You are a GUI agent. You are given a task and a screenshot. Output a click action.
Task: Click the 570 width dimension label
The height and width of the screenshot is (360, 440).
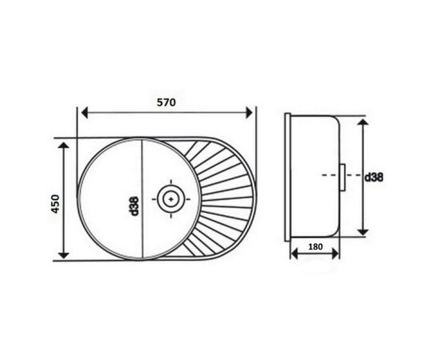click(166, 102)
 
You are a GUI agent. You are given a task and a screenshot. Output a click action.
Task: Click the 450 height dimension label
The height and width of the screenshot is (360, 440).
click(55, 204)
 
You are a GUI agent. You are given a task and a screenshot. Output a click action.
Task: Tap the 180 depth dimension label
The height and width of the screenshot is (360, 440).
click(315, 246)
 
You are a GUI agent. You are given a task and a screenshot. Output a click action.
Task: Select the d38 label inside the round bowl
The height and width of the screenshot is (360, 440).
click(134, 206)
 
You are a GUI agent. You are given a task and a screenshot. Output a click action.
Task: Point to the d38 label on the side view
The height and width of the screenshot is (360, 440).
click(374, 178)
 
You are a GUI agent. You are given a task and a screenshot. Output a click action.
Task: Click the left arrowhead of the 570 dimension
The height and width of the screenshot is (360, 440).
click(85, 113)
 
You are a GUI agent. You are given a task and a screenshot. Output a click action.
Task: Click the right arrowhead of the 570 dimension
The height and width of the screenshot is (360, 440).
click(249, 113)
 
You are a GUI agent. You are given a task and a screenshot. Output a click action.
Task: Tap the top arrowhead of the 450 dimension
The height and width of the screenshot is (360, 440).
click(64, 146)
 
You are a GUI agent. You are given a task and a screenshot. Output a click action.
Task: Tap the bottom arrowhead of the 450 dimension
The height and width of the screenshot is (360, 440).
click(64, 255)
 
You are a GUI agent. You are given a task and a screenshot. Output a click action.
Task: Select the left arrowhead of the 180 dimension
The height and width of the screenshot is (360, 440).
click(294, 254)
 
